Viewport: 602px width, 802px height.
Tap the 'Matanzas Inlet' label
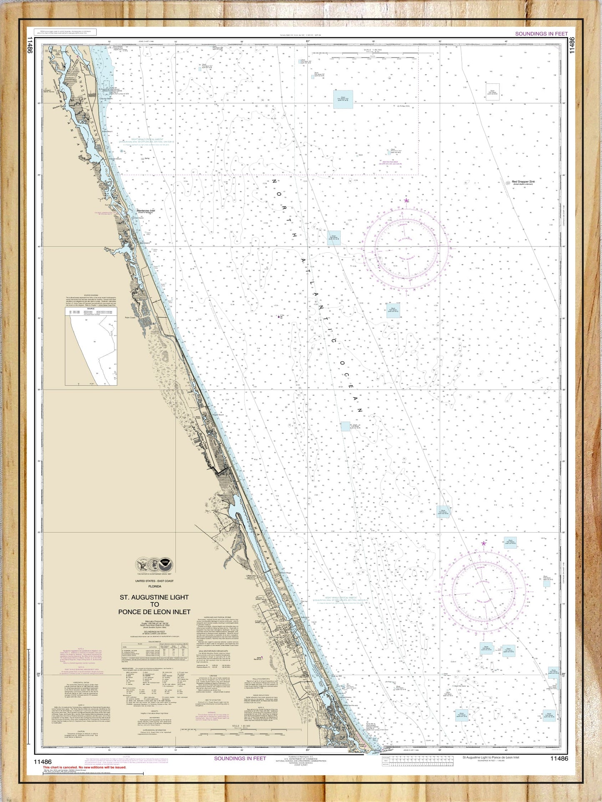(x=146, y=211)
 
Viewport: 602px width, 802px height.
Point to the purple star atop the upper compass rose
(x=406, y=201)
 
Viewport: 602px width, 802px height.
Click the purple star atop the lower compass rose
(x=484, y=543)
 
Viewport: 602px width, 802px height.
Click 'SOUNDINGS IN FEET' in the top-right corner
(x=541, y=34)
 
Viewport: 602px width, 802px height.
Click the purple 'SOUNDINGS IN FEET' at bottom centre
(x=240, y=758)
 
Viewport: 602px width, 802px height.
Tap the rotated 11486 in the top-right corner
(x=572, y=45)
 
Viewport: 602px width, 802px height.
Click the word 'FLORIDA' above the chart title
(x=154, y=586)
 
